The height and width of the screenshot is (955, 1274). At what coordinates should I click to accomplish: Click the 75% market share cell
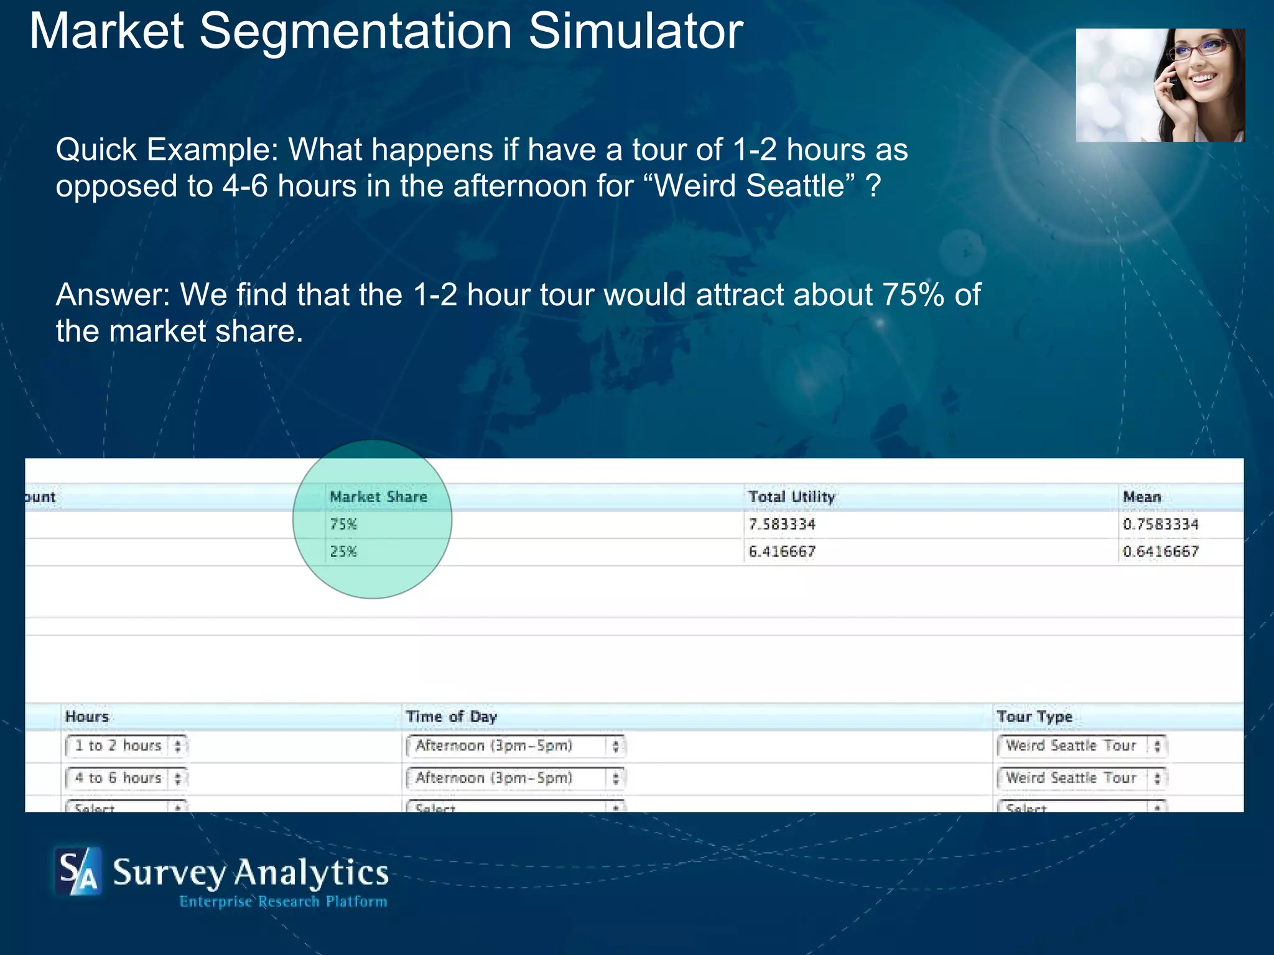point(343,524)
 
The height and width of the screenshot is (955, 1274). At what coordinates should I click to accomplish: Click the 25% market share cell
point(343,551)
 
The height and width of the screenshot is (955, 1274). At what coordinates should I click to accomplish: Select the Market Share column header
point(378,497)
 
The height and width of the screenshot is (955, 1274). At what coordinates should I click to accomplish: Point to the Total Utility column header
point(791,497)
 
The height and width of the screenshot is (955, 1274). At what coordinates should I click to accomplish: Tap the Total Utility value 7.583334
point(782,524)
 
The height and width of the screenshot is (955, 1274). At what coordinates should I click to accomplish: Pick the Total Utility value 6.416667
point(782,551)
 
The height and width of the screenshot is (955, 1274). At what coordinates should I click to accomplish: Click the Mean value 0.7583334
point(1160,524)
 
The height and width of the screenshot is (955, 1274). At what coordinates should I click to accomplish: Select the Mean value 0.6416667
point(1160,551)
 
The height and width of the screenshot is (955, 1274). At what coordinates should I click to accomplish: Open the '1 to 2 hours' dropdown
point(126,745)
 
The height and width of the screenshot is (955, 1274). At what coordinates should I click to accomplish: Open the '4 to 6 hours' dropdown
point(126,778)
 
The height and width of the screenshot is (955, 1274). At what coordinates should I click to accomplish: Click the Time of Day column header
point(451,717)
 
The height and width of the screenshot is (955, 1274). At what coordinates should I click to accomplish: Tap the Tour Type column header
point(1034,717)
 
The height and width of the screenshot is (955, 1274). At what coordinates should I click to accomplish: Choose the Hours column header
point(87,717)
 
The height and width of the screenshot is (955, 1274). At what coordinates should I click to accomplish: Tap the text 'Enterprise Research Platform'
point(283,902)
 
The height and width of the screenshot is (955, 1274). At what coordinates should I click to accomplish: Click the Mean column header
point(1141,497)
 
